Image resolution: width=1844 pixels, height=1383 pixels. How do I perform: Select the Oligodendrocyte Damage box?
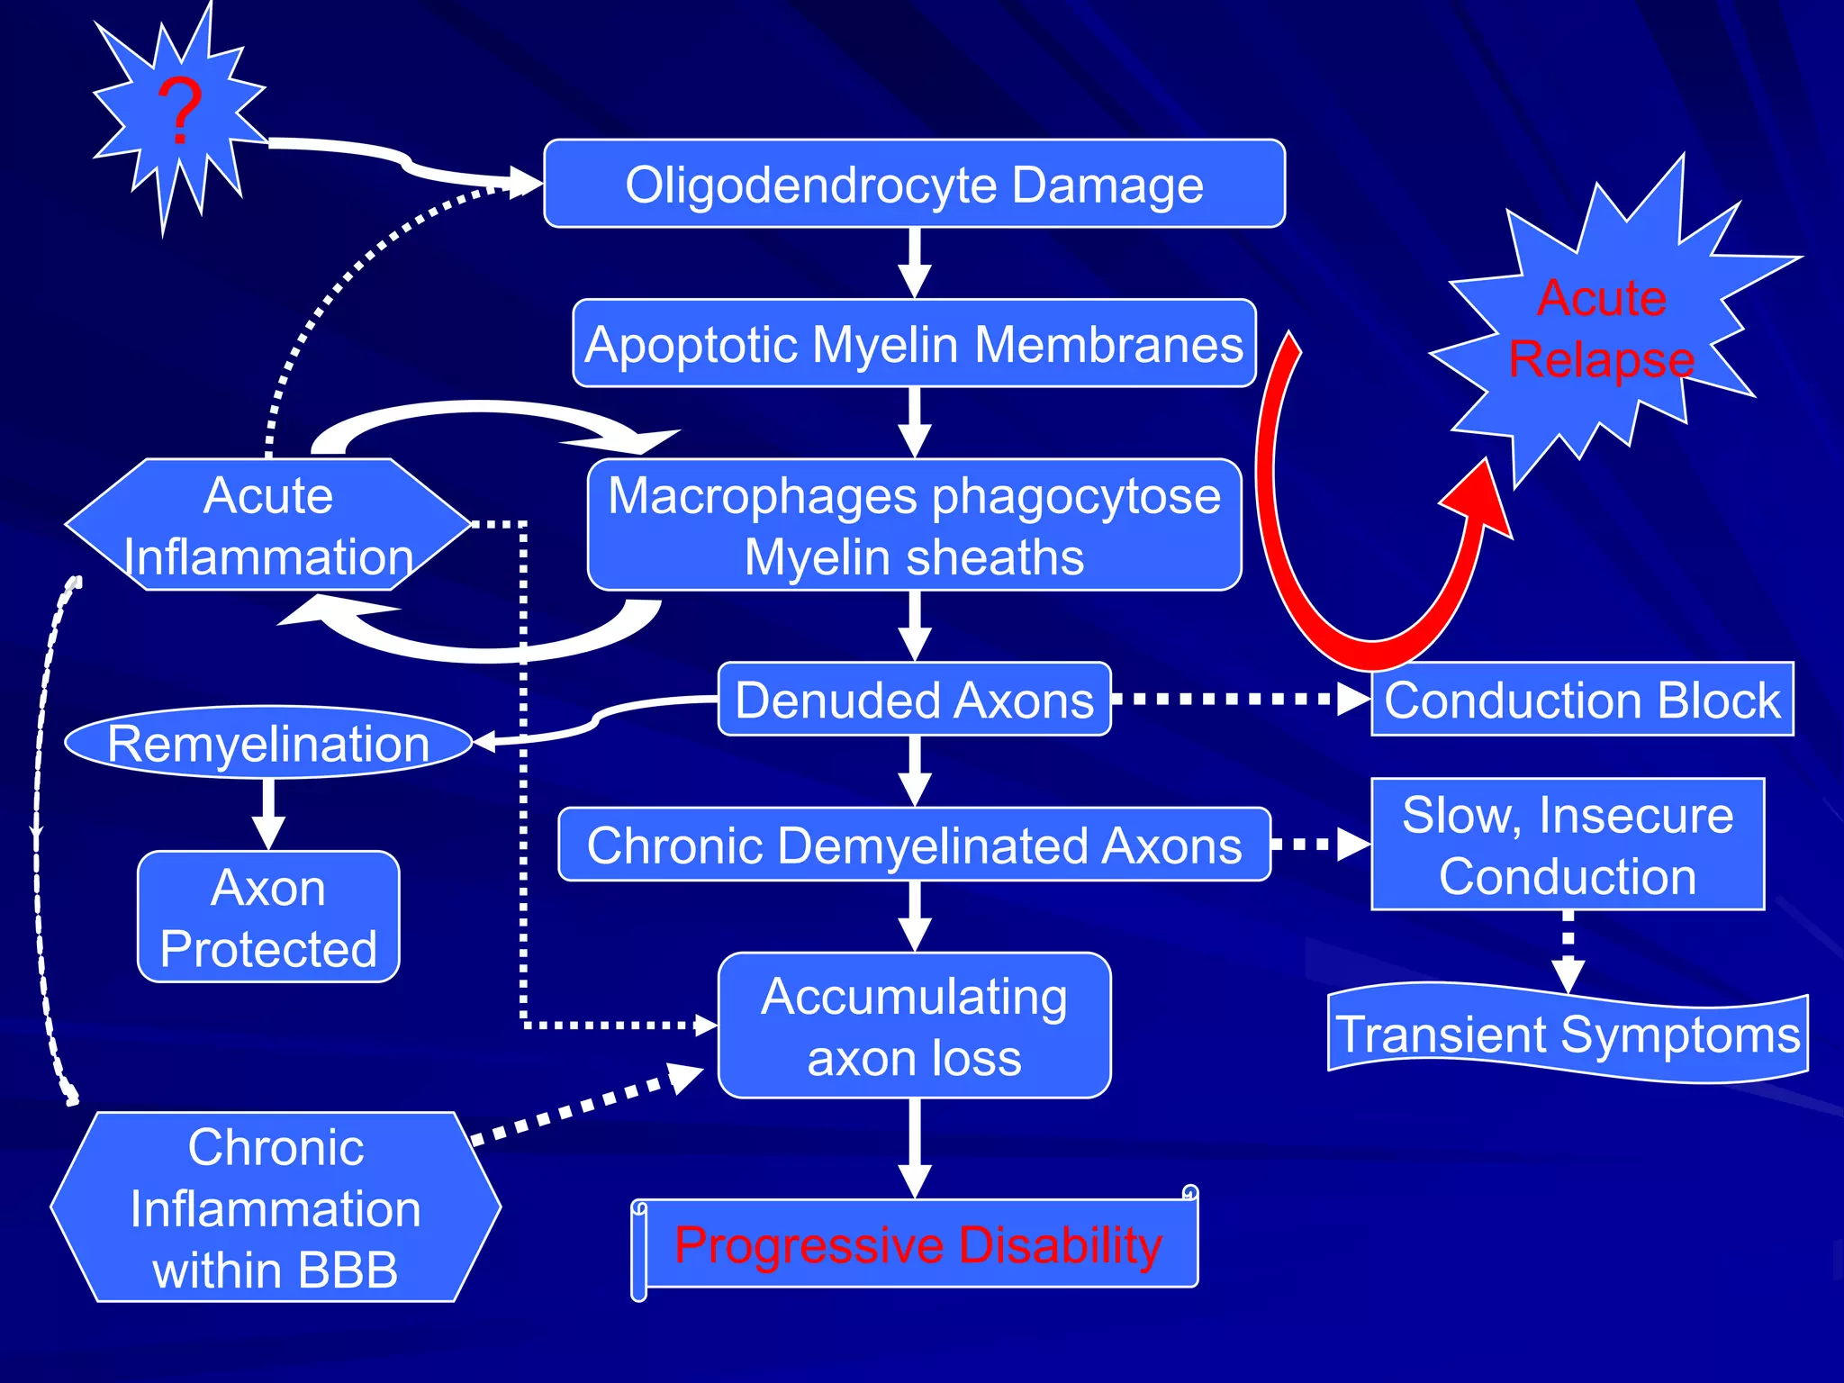(x=914, y=184)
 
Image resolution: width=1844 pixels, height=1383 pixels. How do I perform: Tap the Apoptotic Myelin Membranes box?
(x=914, y=344)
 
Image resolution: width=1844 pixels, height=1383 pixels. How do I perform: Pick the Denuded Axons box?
(x=914, y=700)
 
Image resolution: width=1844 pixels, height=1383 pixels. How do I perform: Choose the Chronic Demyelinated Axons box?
(x=914, y=845)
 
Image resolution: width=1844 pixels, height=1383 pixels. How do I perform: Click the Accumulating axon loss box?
(x=914, y=1026)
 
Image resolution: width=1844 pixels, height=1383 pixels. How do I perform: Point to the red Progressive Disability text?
(x=918, y=1244)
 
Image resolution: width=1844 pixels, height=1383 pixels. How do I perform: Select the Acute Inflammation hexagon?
(x=267, y=525)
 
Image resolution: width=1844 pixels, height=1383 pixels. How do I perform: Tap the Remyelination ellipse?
(x=267, y=743)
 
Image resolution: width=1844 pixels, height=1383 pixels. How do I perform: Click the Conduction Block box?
(x=1582, y=700)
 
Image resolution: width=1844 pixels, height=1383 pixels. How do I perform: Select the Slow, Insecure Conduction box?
(x=1568, y=845)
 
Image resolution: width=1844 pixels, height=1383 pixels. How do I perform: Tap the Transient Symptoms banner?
(x=1568, y=1034)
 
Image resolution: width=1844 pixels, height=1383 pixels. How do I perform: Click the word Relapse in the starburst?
(x=1601, y=359)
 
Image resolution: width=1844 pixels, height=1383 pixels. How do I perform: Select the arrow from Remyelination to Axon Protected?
(x=268, y=810)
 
